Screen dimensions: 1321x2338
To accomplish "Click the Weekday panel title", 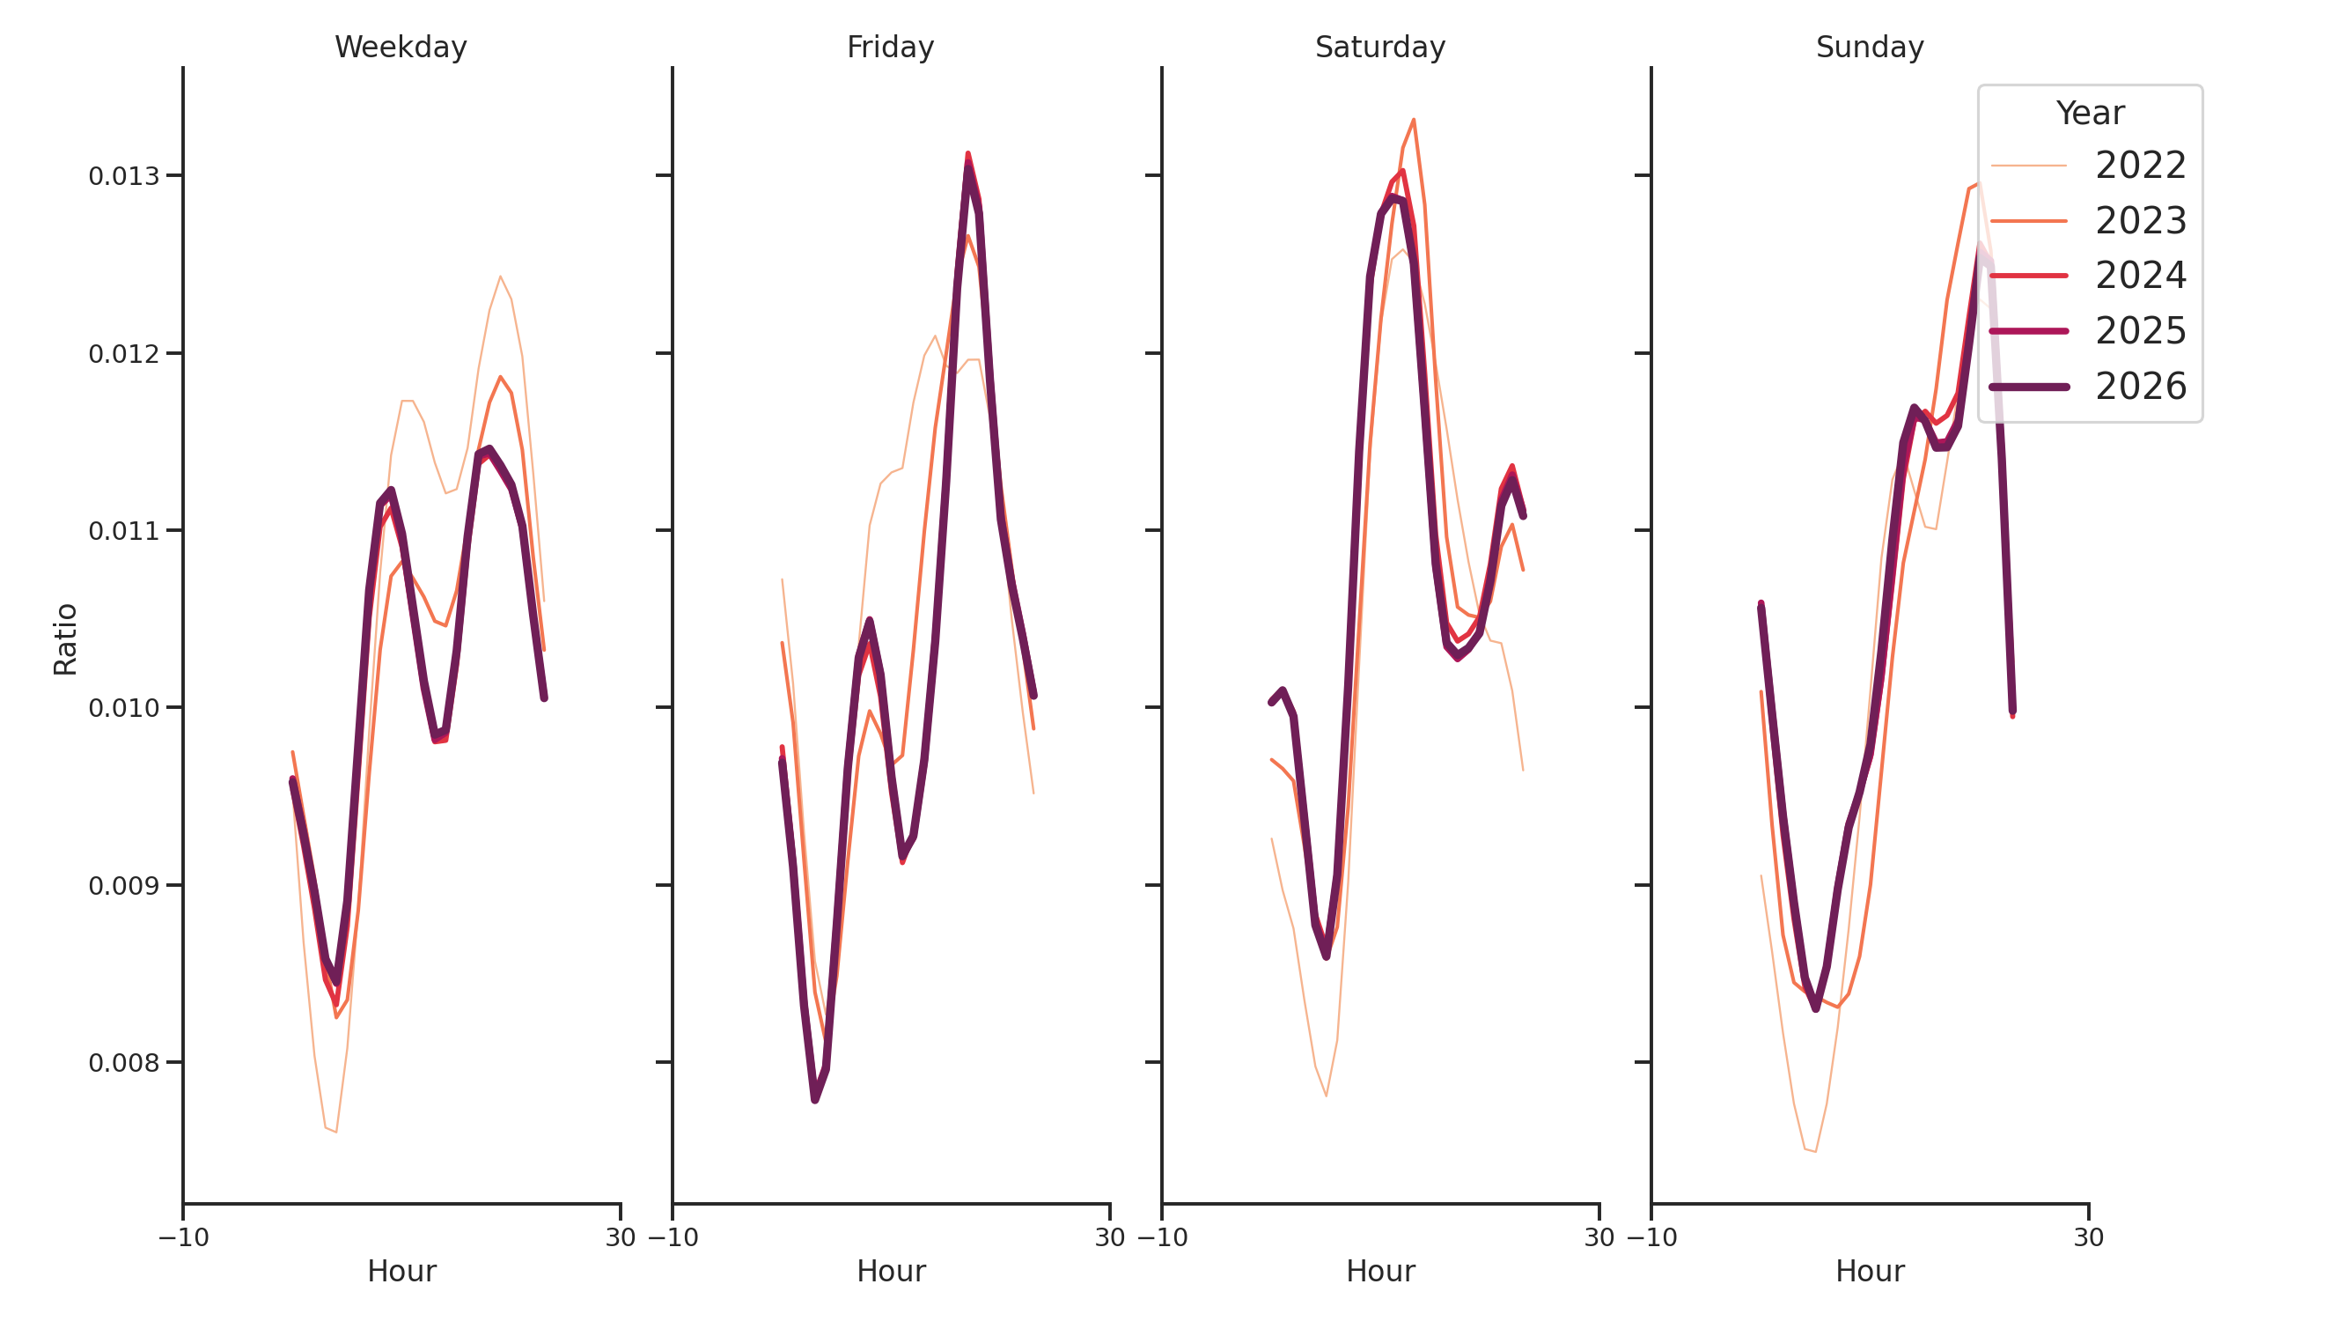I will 401,48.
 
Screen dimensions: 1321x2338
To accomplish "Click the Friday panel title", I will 889,48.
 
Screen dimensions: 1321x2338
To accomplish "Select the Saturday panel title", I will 1379,48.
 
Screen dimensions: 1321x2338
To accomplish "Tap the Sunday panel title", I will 1869,48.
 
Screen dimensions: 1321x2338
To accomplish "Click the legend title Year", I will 2089,114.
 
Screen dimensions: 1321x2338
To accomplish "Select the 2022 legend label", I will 2139,166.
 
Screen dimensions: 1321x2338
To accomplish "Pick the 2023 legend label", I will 2139,222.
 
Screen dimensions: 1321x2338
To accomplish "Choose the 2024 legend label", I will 2139,276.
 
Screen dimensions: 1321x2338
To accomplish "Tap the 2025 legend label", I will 2139,331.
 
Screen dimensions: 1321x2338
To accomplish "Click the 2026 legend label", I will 2139,387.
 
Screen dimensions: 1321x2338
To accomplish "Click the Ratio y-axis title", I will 65,638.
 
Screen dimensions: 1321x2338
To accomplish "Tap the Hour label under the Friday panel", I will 890,1271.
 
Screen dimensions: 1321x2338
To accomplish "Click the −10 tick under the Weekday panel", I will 183,1237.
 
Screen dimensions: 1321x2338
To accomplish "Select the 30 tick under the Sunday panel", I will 2087,1237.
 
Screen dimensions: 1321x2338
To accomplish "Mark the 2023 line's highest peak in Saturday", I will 1413,120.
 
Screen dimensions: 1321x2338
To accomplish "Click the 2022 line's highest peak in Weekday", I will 500,276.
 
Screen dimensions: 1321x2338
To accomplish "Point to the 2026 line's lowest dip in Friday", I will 815,1100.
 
